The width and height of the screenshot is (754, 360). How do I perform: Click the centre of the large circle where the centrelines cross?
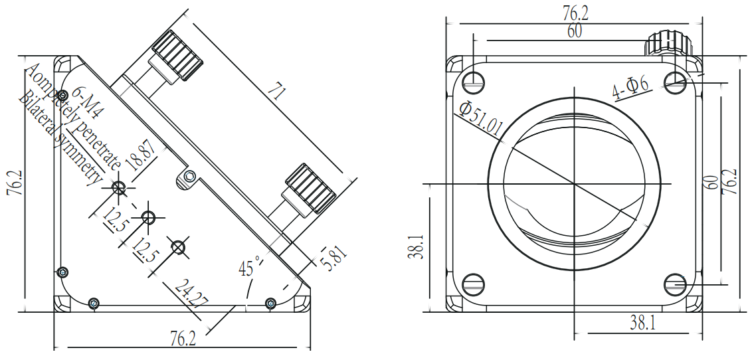[574, 183]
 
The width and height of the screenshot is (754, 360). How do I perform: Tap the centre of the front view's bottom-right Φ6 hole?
[676, 284]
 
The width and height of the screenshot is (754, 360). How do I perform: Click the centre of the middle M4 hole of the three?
[149, 218]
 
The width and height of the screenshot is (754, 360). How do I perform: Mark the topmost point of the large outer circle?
[574, 97]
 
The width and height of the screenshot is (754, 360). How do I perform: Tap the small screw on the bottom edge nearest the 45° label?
[271, 303]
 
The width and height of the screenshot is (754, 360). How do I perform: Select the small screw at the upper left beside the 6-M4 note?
[62, 96]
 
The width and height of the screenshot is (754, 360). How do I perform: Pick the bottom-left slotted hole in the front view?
[473, 284]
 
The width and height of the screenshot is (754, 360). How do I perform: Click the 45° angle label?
[250, 267]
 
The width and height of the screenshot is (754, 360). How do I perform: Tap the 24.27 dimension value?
[191, 294]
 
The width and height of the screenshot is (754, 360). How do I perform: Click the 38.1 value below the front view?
[643, 323]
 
